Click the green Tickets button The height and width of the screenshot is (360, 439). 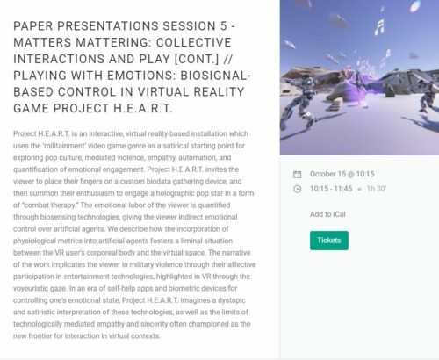[329, 241]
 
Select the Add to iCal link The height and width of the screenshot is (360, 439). [327, 214]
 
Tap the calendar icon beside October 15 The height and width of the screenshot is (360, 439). [297, 175]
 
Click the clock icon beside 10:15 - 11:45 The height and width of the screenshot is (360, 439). [297, 189]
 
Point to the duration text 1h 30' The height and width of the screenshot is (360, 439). [377, 189]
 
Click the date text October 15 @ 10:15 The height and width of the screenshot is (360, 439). [342, 174]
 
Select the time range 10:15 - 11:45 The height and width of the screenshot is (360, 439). [331, 189]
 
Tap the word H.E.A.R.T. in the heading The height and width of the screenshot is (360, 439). [143, 109]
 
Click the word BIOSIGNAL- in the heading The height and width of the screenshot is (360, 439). [216, 76]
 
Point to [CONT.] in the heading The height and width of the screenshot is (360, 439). [197, 59]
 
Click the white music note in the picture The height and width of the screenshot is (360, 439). [379, 26]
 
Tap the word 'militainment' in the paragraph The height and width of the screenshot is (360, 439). [64, 146]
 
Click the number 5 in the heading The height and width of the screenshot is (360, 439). [224, 26]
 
